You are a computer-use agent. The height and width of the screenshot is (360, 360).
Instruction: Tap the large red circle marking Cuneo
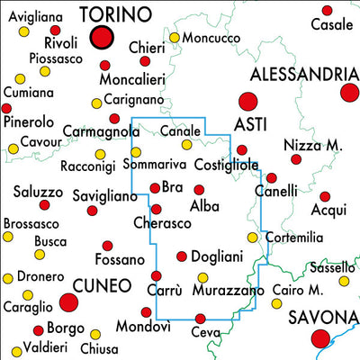(x=68, y=303)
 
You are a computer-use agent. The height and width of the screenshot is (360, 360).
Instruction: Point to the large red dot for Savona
(x=319, y=338)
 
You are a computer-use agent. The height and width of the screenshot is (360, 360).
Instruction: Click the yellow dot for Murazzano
(x=202, y=277)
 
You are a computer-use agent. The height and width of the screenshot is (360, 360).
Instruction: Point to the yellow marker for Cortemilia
(x=253, y=238)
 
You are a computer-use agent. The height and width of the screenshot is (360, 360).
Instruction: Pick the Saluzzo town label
(x=39, y=192)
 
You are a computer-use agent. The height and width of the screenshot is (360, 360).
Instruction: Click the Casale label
(x=331, y=24)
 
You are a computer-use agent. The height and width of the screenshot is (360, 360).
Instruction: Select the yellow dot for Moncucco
(x=174, y=38)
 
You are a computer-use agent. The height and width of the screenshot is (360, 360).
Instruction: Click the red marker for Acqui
(x=325, y=196)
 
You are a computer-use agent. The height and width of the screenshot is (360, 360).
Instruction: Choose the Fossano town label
(x=120, y=260)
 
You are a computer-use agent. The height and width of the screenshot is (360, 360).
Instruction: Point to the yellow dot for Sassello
(x=344, y=281)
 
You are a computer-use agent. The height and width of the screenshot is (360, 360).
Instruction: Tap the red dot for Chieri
(x=145, y=61)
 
